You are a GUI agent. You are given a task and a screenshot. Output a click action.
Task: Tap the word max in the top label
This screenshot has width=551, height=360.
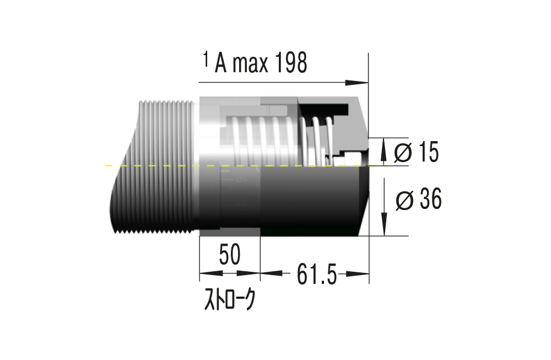(x=250, y=65)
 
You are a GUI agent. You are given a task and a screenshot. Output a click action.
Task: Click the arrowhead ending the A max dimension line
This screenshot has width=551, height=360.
(x=361, y=83)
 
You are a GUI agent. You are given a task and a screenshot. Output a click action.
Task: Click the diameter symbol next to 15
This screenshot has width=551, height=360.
(x=403, y=153)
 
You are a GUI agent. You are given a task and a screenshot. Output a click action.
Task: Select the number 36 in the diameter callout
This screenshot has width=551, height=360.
(x=429, y=199)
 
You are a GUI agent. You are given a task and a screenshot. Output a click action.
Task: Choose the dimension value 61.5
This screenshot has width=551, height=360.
(x=316, y=274)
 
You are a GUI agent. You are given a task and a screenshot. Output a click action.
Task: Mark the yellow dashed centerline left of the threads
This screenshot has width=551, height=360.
(x=121, y=165)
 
